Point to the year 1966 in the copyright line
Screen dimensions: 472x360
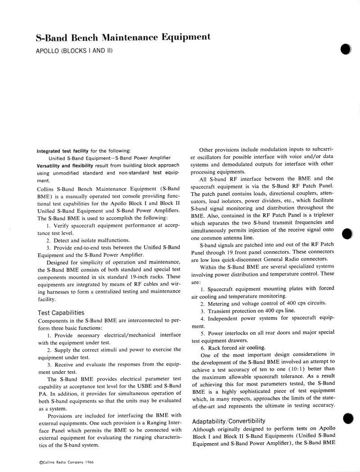pyautogui.click(x=93, y=462)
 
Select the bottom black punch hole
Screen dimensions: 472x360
pyautogui.click(x=347, y=418)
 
